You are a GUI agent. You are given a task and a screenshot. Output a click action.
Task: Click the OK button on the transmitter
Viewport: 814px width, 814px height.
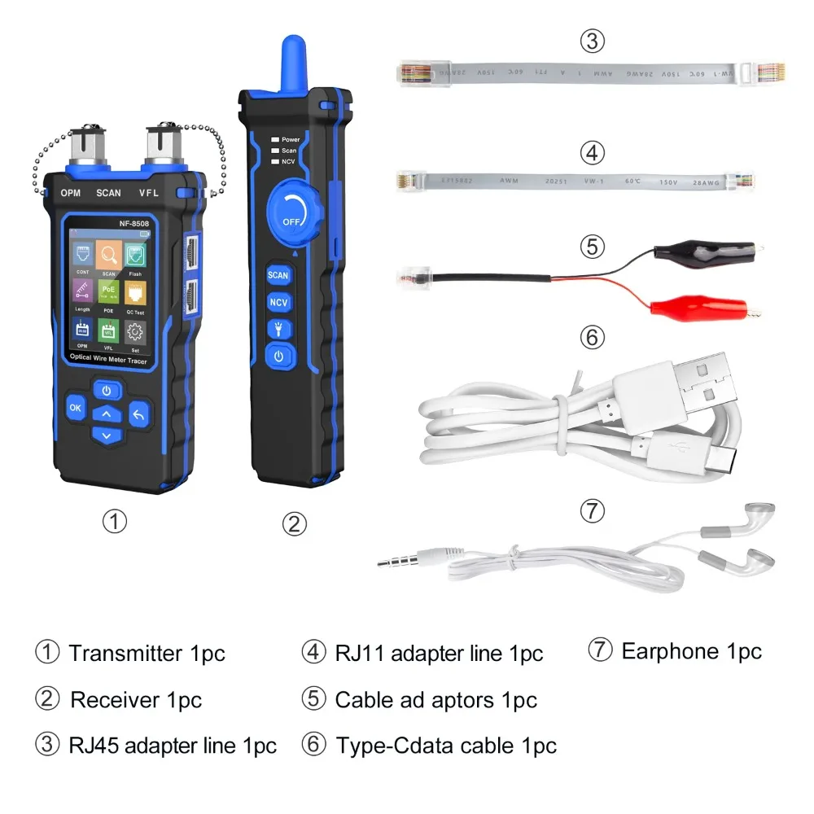(x=75, y=407)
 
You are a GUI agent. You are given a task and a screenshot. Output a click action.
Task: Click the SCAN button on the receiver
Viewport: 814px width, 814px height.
(x=278, y=275)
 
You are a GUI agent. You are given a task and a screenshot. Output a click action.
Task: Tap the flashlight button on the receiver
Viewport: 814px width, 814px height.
(x=278, y=329)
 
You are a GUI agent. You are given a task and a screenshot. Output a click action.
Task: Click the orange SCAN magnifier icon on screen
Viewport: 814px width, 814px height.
(x=108, y=256)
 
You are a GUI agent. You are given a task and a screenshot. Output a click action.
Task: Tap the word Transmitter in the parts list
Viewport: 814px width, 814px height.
(x=126, y=653)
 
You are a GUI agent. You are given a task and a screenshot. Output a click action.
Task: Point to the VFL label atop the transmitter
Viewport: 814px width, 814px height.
(x=154, y=193)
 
